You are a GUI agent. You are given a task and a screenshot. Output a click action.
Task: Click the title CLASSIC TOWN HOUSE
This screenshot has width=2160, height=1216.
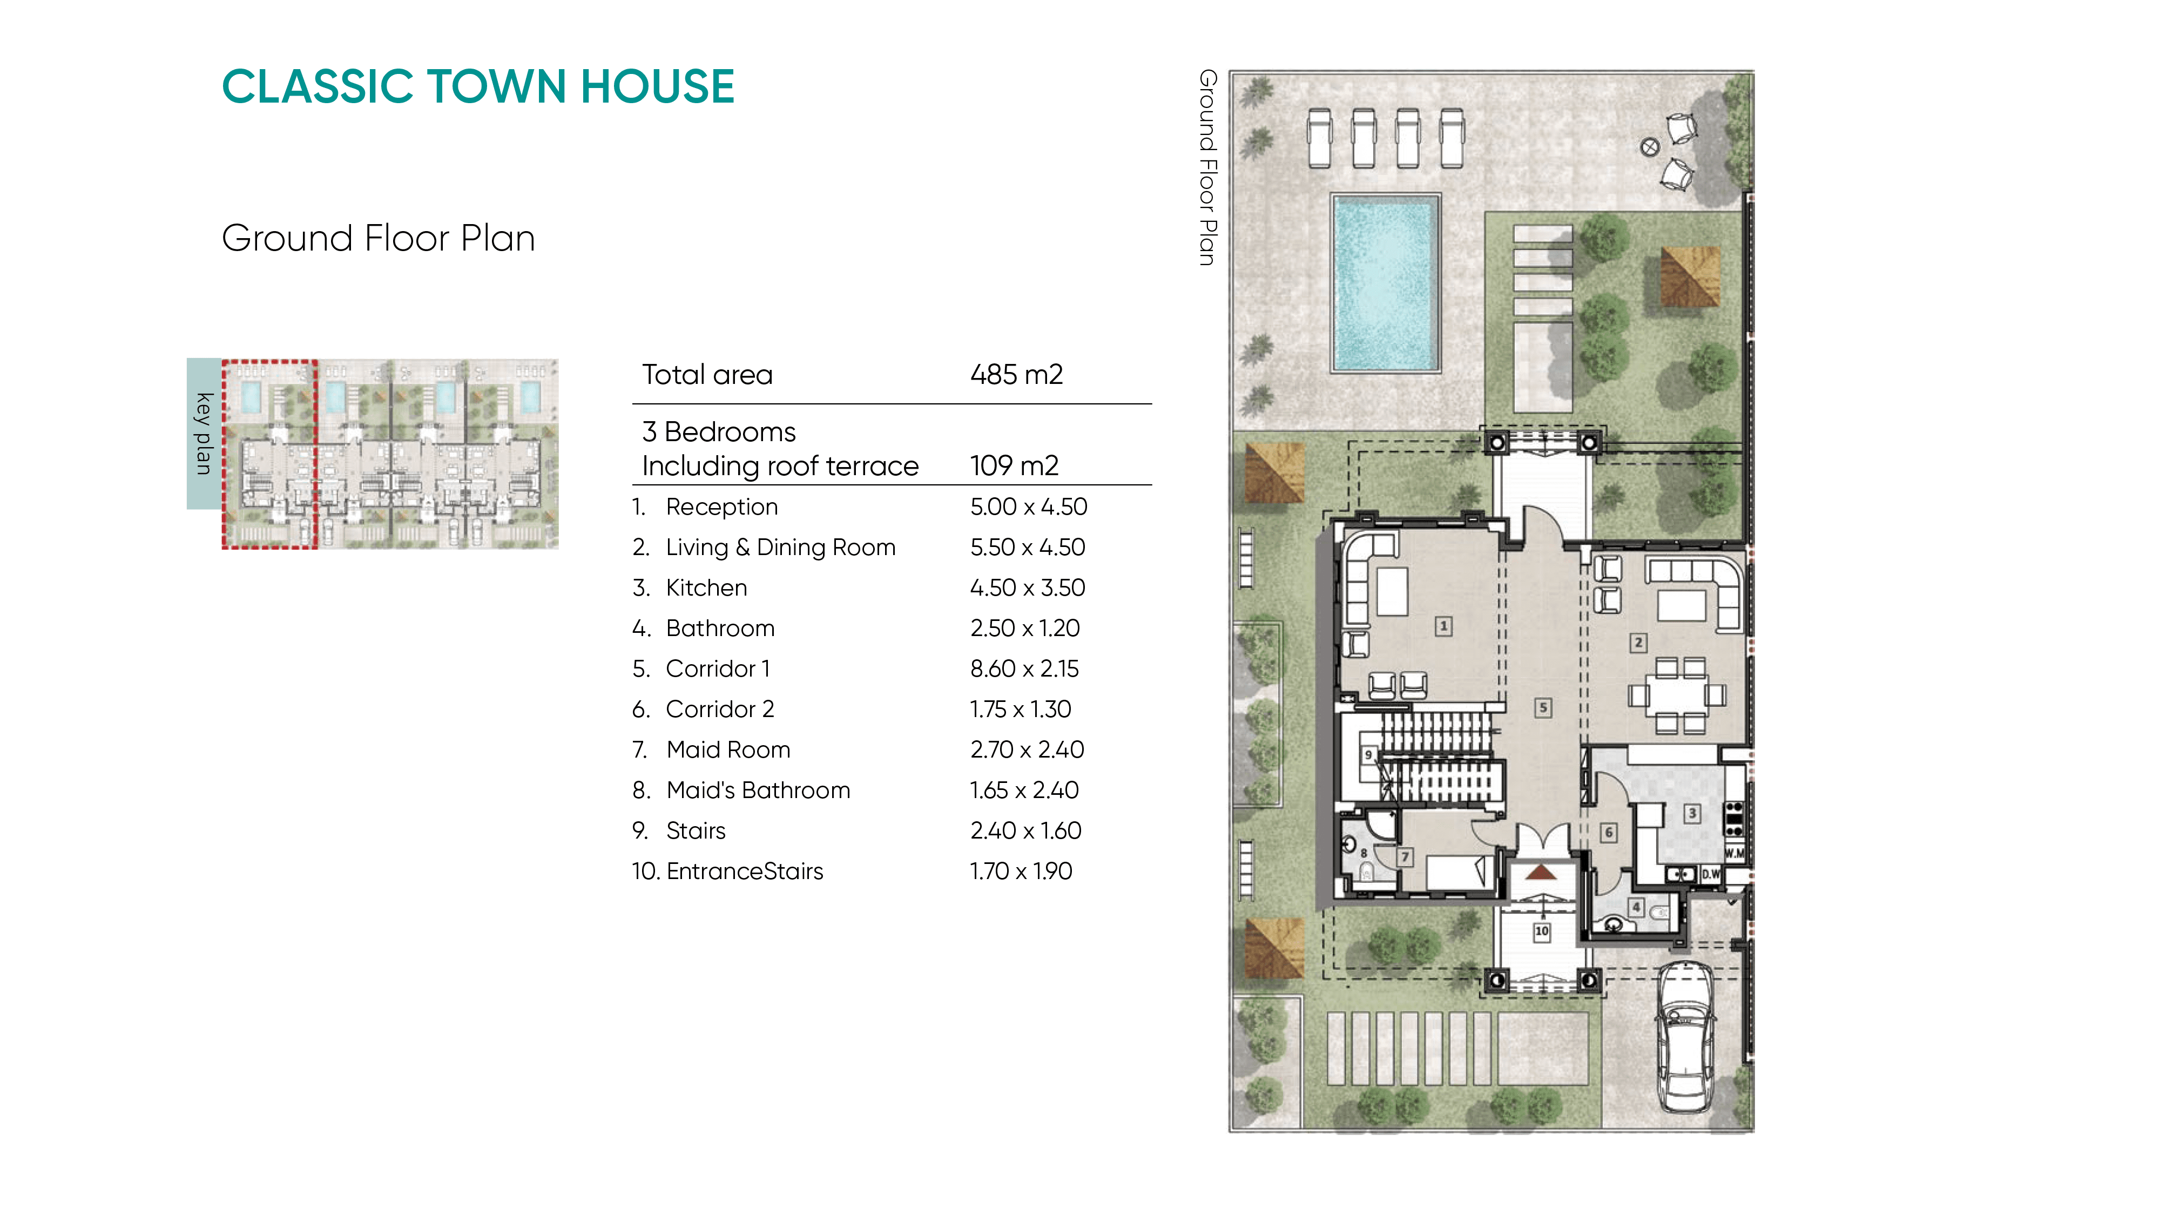(478, 86)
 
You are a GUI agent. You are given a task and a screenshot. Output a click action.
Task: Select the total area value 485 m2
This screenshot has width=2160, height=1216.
(1016, 374)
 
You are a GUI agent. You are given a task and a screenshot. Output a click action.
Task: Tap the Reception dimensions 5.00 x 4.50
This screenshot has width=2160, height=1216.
(1028, 506)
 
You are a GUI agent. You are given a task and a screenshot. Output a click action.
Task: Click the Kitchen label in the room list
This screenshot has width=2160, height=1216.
(706, 588)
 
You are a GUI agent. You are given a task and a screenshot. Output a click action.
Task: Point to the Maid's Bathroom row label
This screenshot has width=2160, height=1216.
(758, 790)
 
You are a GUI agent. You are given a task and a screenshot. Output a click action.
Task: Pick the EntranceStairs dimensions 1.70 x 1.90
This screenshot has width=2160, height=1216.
(1021, 872)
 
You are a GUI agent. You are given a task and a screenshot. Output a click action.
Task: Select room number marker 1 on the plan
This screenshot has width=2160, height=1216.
(1443, 626)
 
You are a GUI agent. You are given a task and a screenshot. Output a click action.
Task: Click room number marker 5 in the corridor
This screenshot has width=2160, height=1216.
(1543, 708)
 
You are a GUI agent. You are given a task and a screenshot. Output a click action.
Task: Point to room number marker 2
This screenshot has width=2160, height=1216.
(1638, 643)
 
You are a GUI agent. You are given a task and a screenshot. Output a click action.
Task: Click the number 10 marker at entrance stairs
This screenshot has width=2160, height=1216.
(1541, 931)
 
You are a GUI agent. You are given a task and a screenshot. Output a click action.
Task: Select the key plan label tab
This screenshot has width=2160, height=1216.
(204, 434)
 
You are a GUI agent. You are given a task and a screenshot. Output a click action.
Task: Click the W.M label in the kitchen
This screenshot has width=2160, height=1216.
(1735, 853)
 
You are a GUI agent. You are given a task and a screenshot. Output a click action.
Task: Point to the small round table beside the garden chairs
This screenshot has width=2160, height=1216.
(1649, 147)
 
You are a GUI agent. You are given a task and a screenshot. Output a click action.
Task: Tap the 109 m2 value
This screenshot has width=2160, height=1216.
(1015, 465)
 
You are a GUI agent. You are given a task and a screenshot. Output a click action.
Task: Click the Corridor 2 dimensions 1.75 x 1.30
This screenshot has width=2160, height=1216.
(1021, 710)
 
